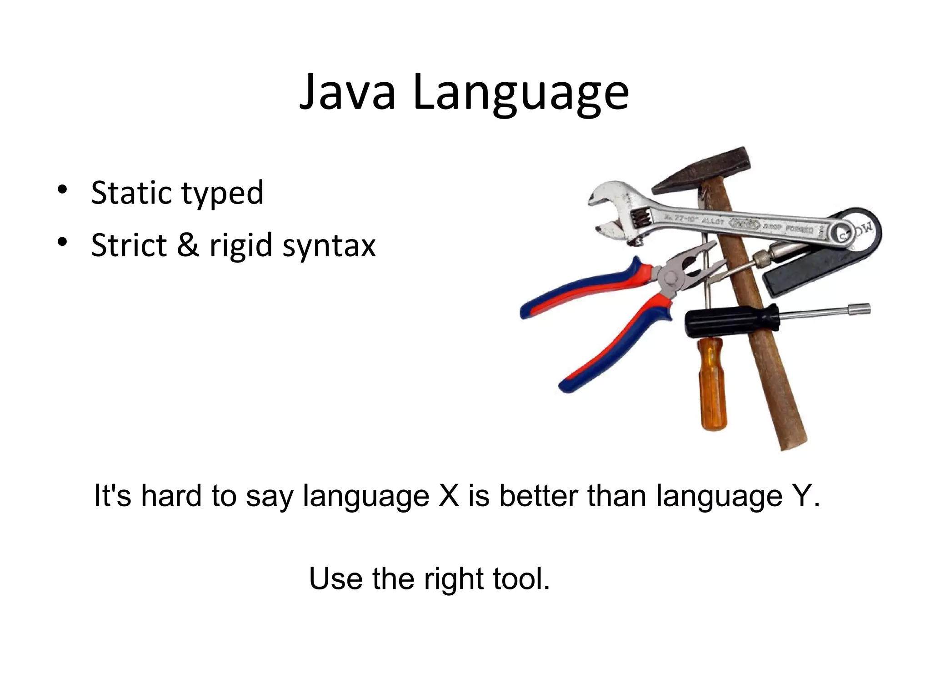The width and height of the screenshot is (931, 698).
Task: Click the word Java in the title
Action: pos(347,93)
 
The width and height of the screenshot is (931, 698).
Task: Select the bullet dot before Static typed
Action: pos(62,189)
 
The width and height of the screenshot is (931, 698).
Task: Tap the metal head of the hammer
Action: pos(703,171)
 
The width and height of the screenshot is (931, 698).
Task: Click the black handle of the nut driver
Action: pos(731,321)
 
